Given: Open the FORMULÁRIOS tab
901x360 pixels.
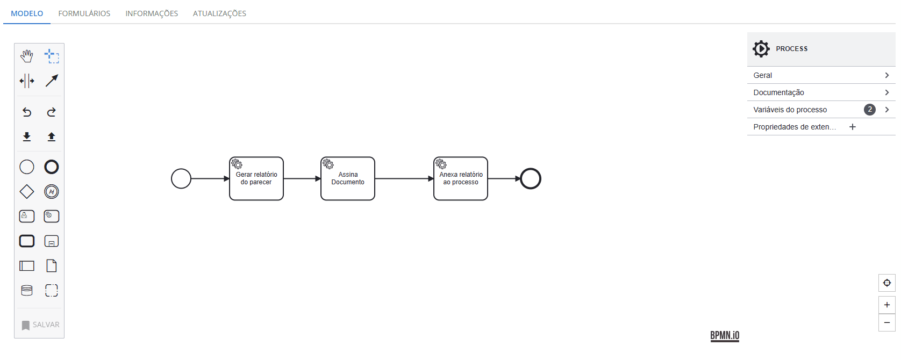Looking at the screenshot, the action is click(x=84, y=13).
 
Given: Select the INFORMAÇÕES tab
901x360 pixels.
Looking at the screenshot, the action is click(x=152, y=13).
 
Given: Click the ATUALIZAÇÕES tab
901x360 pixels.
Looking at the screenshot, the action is click(x=220, y=13).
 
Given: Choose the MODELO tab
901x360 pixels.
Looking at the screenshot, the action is click(x=27, y=13).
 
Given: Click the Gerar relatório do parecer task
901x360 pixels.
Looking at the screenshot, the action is click(x=256, y=178).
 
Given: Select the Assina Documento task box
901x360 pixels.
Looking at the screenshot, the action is click(x=348, y=178).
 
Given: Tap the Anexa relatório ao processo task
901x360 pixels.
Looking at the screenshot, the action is click(x=461, y=178).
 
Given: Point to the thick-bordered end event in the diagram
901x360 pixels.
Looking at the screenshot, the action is click(x=531, y=169).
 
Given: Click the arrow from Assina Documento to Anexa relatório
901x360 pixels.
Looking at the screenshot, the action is click(x=404, y=178).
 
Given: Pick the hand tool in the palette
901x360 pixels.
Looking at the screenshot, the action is click(x=27, y=56).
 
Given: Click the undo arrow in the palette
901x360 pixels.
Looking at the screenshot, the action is click(x=27, y=112).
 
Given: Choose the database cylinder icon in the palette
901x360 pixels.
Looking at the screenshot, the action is click(x=27, y=290).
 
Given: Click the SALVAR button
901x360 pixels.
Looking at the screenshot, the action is click(x=40, y=325).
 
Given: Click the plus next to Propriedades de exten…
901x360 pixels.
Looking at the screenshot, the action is click(x=852, y=127).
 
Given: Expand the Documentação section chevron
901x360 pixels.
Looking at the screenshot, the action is click(x=887, y=92).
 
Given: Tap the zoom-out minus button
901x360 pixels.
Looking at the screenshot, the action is click(x=887, y=322).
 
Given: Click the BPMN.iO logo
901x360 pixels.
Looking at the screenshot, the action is click(x=725, y=336).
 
